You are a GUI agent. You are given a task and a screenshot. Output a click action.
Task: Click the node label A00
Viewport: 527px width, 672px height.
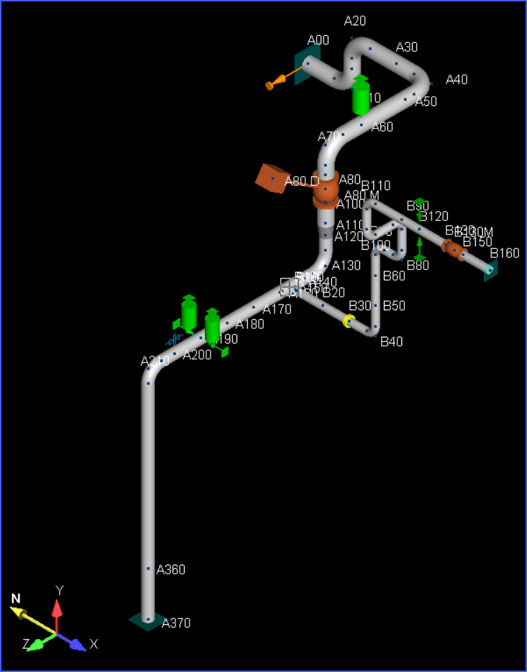pos(318,41)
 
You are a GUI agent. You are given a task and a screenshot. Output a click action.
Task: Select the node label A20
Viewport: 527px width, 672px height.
pos(355,22)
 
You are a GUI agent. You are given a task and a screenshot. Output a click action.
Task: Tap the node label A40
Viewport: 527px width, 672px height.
pos(456,80)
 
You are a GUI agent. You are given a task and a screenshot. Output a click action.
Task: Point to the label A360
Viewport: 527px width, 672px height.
pos(171,570)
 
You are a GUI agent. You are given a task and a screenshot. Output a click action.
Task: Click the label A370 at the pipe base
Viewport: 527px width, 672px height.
pos(176,623)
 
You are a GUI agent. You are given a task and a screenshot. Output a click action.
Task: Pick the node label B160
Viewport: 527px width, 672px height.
pos(505,253)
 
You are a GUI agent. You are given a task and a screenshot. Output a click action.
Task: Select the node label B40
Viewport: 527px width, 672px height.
pos(391,342)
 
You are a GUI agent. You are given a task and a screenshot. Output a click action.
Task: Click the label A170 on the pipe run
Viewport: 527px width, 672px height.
pos(276,309)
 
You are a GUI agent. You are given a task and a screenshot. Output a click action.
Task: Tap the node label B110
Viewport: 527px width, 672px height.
pos(375,186)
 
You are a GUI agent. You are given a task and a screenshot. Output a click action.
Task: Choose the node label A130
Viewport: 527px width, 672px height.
pos(346,266)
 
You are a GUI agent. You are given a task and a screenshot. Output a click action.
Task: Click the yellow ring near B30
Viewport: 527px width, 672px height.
pos(348,321)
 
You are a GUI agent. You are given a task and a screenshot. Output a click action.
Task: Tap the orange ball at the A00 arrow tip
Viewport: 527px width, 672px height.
pos(269,86)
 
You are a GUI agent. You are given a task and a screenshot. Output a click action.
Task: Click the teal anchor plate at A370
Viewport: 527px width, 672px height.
pos(147,621)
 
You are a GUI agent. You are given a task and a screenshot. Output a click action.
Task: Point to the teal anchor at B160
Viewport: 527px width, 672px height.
pos(490,269)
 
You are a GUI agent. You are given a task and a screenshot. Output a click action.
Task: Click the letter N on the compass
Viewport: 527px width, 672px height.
pos(15,598)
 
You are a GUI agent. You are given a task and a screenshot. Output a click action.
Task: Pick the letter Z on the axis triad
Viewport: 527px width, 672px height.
pos(26,643)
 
